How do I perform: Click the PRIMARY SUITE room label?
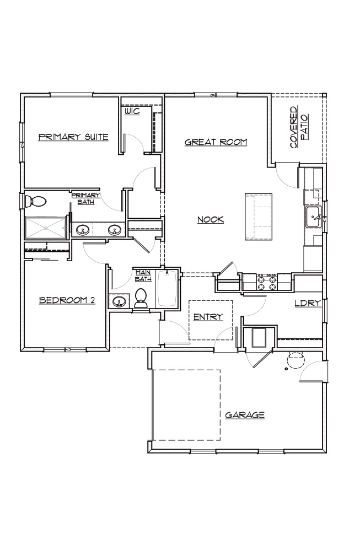point(73,137)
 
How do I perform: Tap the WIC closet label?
point(132,111)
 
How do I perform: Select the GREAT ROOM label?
point(216,142)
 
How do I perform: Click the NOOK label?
point(211,220)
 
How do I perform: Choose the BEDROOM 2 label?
point(67,300)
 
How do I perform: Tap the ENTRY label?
point(208,317)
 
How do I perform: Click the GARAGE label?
point(245,415)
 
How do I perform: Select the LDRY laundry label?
point(308,303)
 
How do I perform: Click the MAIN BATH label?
point(143,275)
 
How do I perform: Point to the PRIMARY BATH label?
point(86,198)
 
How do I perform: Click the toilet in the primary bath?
point(35,202)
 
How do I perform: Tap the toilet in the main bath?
point(141,298)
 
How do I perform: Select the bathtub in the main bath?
point(167,289)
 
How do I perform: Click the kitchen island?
point(259,217)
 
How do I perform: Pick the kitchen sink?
point(314,217)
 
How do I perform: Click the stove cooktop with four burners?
point(267,283)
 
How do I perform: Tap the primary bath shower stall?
point(45,228)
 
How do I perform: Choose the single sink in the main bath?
point(119,301)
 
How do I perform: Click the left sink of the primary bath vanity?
point(83,230)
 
